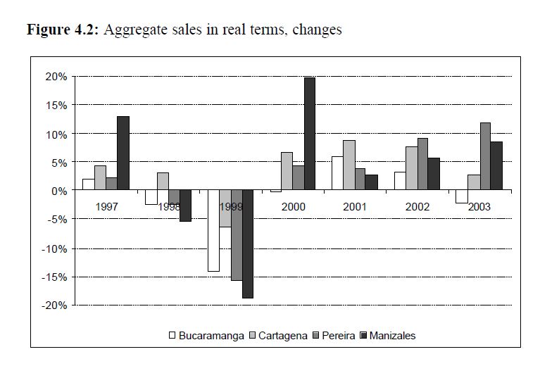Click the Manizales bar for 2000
(x=310, y=134)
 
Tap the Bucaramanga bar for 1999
(x=213, y=231)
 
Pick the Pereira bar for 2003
(x=484, y=157)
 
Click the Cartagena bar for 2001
(x=349, y=165)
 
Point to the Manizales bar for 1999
(x=247, y=244)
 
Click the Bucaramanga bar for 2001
(x=338, y=173)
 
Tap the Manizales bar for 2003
(x=496, y=166)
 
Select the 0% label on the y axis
(x=61, y=191)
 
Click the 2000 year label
(x=293, y=207)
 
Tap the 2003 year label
(x=479, y=207)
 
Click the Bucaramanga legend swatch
(x=172, y=336)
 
